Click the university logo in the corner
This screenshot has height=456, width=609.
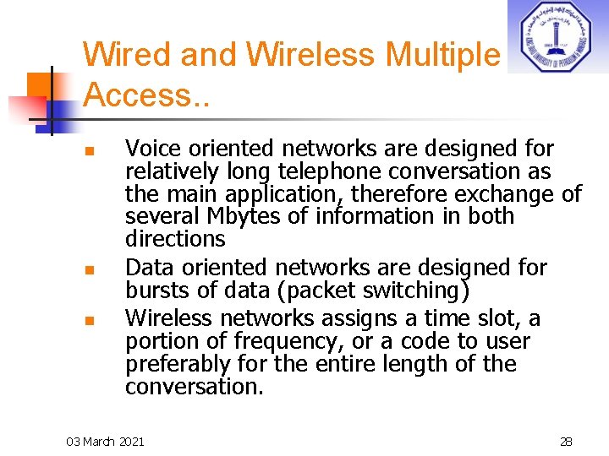557,36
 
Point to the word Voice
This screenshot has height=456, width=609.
156,149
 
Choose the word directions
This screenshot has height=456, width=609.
175,239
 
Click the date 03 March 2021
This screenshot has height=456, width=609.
106,441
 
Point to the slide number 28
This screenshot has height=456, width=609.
566,441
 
